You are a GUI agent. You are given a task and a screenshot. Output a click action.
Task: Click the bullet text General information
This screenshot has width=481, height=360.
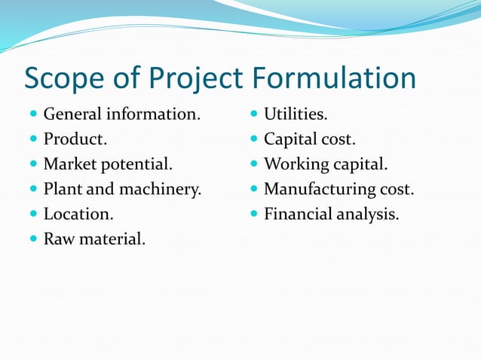tap(122, 114)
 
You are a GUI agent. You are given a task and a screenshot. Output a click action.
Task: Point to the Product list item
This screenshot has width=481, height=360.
tap(75, 139)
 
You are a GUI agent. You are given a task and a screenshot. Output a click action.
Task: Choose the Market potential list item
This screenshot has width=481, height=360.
tap(108, 164)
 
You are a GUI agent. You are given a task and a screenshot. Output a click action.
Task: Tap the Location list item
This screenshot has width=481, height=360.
tap(78, 214)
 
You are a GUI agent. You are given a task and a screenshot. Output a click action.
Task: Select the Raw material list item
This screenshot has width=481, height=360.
tap(95, 239)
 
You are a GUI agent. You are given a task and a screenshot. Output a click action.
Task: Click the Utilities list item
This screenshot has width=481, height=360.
tap(296, 114)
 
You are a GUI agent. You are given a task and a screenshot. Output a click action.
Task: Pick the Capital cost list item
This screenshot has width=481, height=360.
tap(310, 139)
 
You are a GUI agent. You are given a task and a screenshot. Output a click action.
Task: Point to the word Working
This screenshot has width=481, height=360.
tap(296, 164)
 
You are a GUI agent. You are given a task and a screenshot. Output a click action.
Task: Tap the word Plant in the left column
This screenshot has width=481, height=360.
tap(63, 189)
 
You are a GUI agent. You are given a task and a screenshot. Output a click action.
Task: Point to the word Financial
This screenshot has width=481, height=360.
tap(297, 214)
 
